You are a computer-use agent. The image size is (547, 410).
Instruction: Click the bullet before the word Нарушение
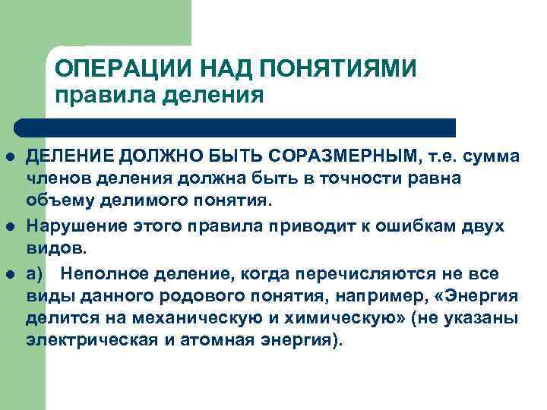pyautogui.click(x=11, y=225)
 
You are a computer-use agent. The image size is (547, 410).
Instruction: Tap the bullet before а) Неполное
pyautogui.click(x=11, y=271)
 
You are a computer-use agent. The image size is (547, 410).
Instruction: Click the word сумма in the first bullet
pyautogui.click(x=489, y=156)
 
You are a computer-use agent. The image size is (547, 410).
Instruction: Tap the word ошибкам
pyautogui.click(x=424, y=225)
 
